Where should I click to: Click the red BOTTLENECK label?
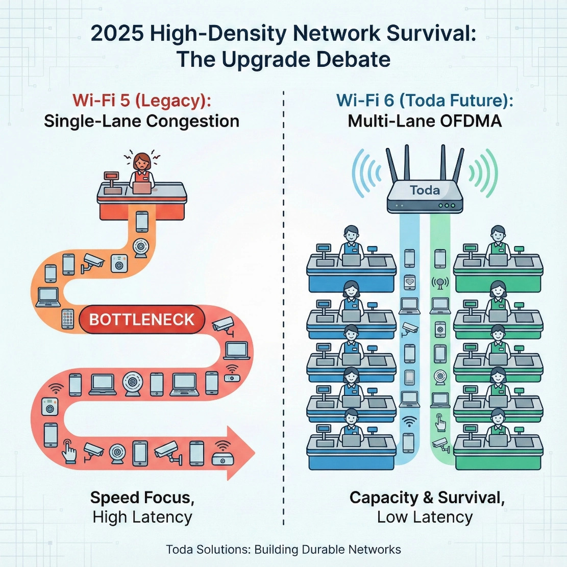pos(142,320)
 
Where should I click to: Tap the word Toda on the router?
pos(425,190)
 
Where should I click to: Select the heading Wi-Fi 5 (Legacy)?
pos(141,100)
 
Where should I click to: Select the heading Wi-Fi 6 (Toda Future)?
pos(425,100)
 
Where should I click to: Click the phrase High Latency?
pos(142,517)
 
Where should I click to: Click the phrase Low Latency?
pos(425,517)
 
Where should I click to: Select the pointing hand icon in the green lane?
pos(439,422)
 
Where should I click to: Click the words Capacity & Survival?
pos(427,498)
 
